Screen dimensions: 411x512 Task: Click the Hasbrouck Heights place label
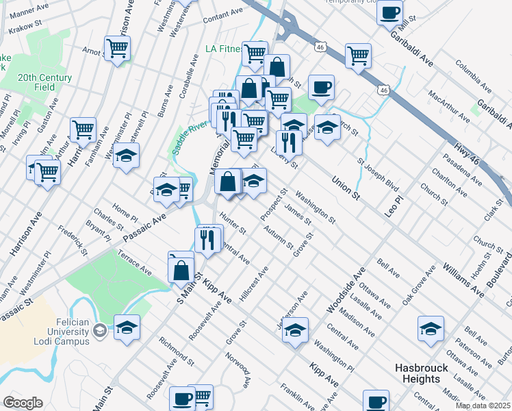(421, 373)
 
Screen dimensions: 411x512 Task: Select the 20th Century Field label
(45, 78)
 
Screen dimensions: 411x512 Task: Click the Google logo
(23, 403)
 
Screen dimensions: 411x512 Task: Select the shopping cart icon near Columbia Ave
(358, 56)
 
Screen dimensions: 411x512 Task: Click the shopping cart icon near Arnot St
(117, 49)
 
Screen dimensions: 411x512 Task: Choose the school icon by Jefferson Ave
(295, 331)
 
